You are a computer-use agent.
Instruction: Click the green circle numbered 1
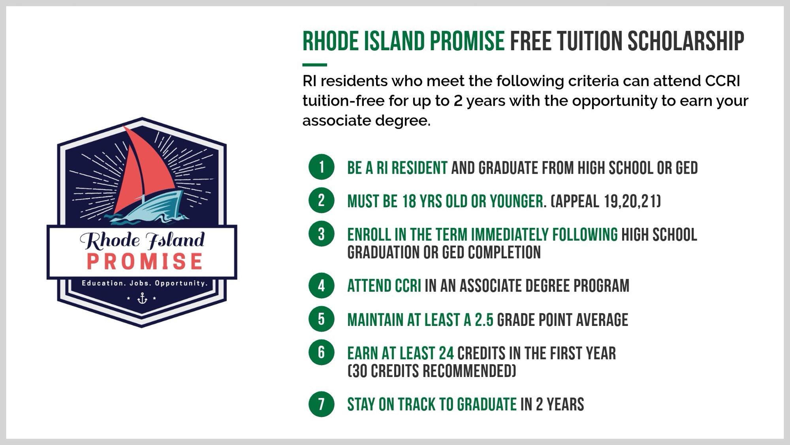(322, 167)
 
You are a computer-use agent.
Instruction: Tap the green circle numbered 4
(322, 286)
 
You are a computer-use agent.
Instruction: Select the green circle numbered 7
(322, 404)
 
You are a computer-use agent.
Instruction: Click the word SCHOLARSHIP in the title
(686, 41)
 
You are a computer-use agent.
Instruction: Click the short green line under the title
(315, 64)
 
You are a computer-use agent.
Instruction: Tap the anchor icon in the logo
(142, 298)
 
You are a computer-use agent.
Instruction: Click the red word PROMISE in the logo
(145, 261)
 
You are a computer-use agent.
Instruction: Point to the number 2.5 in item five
(484, 320)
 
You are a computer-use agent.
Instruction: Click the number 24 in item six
(446, 353)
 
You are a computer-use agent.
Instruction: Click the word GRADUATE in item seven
(487, 404)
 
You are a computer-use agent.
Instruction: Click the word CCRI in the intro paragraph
(722, 81)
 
